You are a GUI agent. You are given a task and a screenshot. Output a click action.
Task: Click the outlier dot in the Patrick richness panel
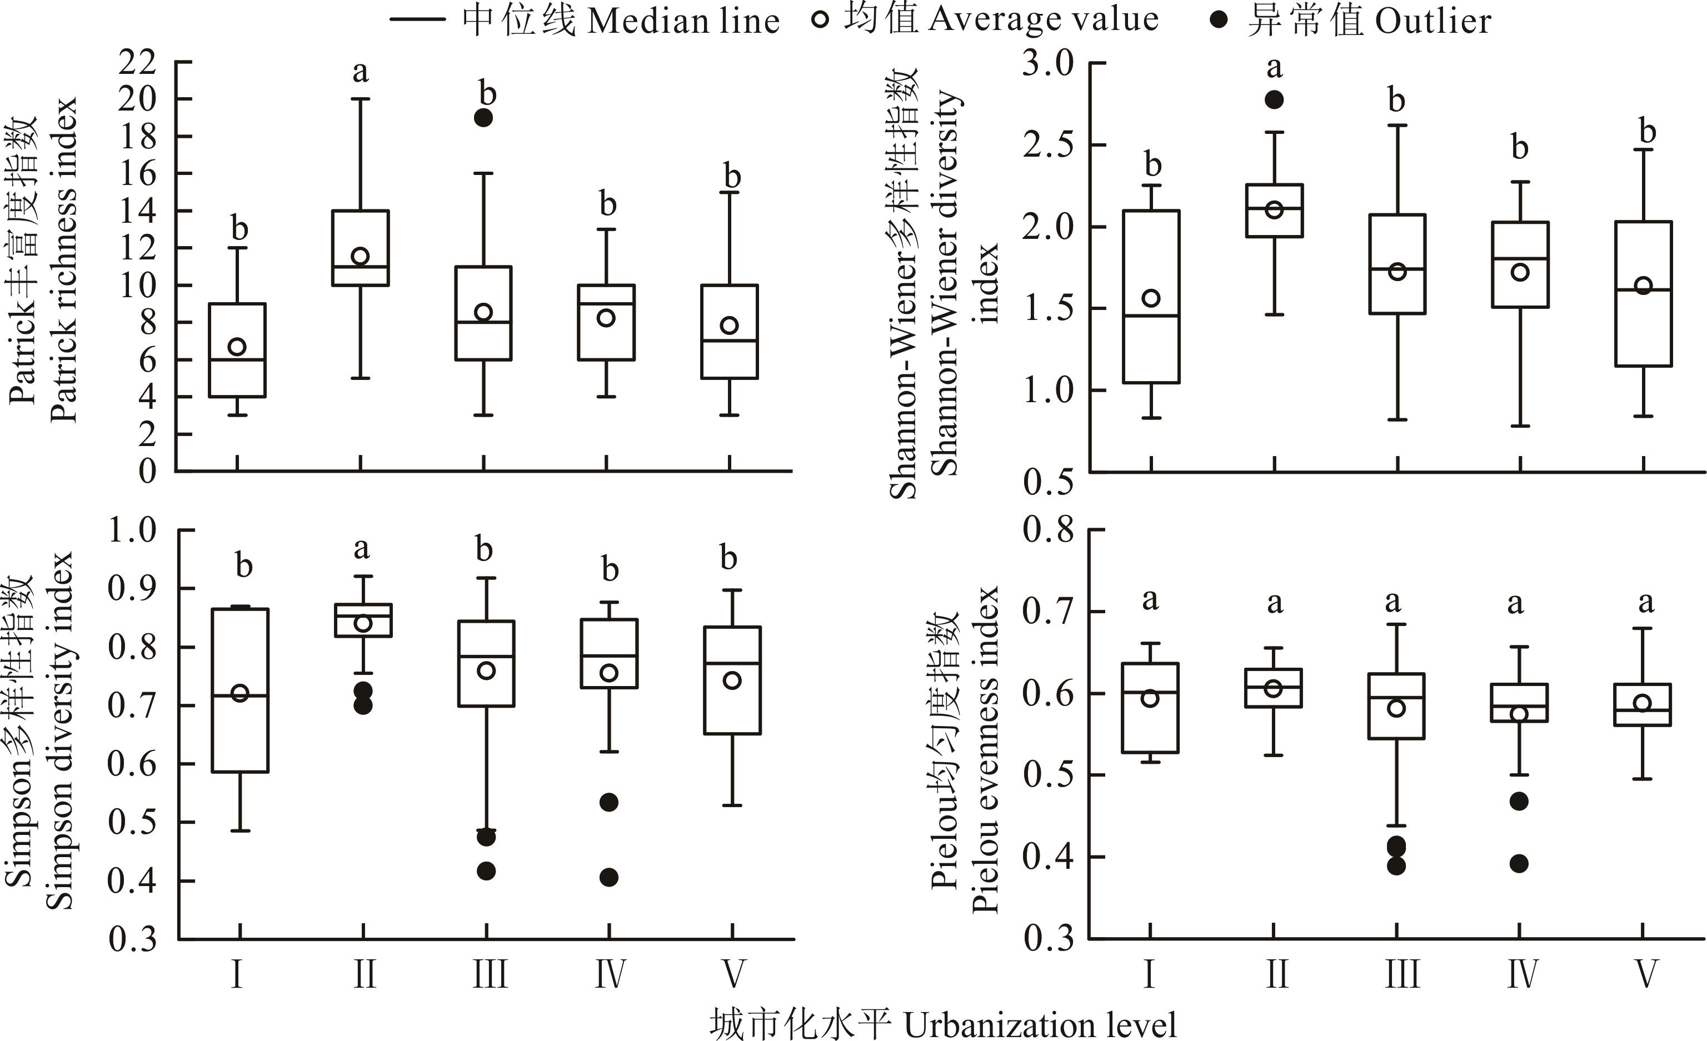pos(483,118)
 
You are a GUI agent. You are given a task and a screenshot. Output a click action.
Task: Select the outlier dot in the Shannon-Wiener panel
pos(1274,100)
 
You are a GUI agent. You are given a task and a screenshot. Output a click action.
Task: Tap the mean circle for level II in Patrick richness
pos(360,256)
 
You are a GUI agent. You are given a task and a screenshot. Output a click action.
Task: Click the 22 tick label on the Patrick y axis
pos(138,63)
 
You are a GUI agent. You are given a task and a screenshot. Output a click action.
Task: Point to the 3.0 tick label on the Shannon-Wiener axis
pos(1047,64)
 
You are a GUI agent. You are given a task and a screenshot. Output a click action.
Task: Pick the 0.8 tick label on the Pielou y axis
pos(1047,530)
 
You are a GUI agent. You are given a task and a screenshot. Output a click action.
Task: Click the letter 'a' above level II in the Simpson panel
pos(362,549)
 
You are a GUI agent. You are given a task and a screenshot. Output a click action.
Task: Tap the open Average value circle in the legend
pos(820,19)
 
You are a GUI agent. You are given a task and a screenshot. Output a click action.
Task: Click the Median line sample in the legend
pos(417,19)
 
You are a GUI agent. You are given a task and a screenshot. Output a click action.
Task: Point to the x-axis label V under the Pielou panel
pos(1646,974)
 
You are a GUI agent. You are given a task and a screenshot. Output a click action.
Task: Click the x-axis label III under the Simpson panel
pos(490,974)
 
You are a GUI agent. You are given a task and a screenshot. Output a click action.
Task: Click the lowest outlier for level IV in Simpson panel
pos(609,878)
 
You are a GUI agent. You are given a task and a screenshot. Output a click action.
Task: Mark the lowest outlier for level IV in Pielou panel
pos(1519,864)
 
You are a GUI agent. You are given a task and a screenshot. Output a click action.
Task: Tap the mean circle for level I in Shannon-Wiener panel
pos(1151,298)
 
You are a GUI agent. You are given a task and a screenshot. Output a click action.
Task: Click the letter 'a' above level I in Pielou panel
pos(1150,600)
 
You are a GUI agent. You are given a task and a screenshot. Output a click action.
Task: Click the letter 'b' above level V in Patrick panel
pos(732,176)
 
